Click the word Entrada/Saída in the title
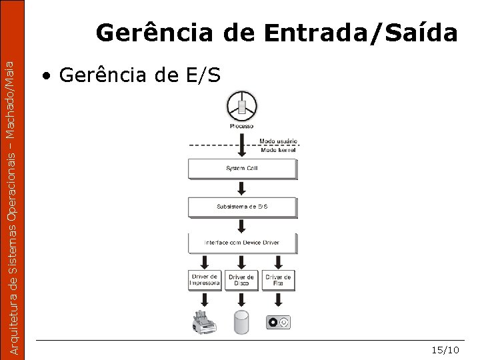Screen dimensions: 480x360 click(361, 33)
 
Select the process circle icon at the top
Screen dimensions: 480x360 click(241, 107)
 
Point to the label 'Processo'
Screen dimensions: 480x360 click(241, 126)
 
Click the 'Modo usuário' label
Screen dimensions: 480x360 click(278, 142)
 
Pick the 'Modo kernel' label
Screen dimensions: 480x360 click(277, 150)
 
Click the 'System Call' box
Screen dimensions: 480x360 click(241, 169)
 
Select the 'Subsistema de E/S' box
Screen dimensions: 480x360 click(241, 207)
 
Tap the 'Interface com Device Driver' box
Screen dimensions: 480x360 click(241, 243)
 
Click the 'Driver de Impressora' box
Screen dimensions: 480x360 click(205, 280)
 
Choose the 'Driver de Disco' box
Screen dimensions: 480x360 click(241, 280)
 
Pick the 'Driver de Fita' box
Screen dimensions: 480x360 click(278, 280)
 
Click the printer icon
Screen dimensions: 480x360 click(204, 322)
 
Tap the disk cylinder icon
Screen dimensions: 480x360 click(241, 323)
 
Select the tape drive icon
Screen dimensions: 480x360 click(279, 323)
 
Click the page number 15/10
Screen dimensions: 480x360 click(445, 350)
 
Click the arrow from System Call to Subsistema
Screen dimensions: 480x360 click(241, 189)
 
